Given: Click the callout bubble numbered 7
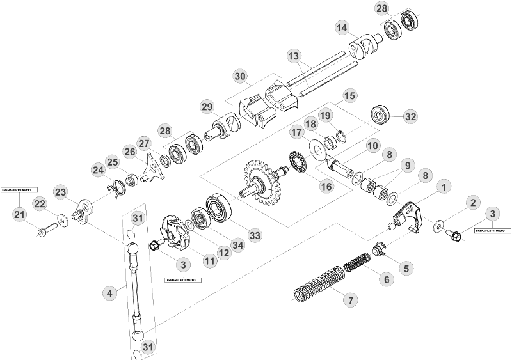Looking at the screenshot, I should [349, 299].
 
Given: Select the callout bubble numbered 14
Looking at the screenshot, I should [342, 27].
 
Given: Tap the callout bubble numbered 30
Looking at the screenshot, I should [241, 76].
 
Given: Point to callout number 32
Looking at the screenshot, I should [410, 116].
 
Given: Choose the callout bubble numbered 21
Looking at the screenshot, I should [19, 214].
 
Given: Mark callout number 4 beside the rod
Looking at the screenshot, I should [110, 293].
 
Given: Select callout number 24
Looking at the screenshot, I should [97, 170].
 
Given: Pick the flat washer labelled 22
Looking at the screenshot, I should [63, 219].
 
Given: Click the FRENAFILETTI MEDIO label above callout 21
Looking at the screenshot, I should [20, 190].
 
